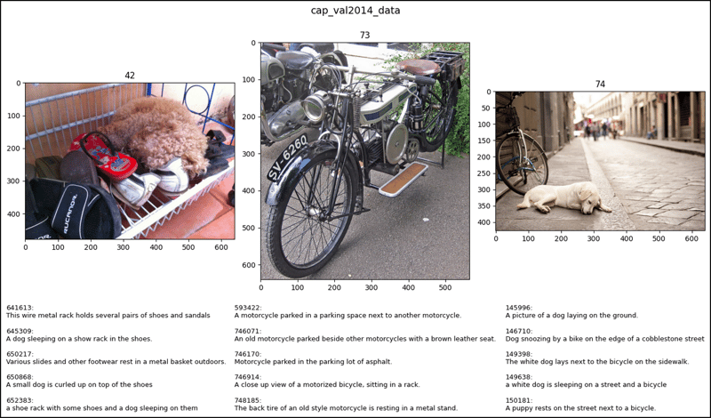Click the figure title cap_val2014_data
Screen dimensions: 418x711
pyautogui.click(x=355, y=11)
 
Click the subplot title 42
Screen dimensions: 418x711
pyautogui.click(x=130, y=76)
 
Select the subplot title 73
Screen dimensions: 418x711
pyautogui.click(x=364, y=36)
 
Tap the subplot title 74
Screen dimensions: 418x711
pyautogui.click(x=600, y=84)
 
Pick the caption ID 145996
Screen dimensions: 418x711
pyautogui.click(x=519, y=308)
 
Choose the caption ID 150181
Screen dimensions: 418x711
pyautogui.click(x=519, y=400)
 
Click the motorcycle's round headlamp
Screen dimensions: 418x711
pyautogui.click(x=315, y=107)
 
